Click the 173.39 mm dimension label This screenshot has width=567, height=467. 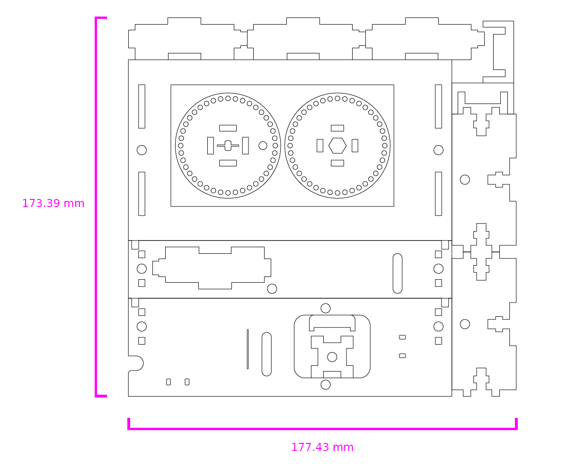pyautogui.click(x=53, y=204)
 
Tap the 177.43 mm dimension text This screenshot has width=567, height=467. pyautogui.click(x=322, y=447)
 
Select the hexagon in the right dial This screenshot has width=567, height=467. pyautogui.click(x=337, y=146)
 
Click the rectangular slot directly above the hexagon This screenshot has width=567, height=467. pyautogui.click(x=337, y=128)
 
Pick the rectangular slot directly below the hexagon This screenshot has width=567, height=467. pyautogui.click(x=337, y=163)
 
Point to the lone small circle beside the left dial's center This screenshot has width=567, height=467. pyautogui.click(x=263, y=146)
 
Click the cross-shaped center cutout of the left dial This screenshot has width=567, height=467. pyautogui.click(x=228, y=146)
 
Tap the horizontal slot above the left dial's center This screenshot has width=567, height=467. pyautogui.click(x=228, y=128)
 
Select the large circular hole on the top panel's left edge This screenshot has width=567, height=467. pyautogui.click(x=142, y=150)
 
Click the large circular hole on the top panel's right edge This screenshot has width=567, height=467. pyautogui.click(x=438, y=150)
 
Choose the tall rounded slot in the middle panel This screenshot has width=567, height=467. pyautogui.click(x=398, y=273)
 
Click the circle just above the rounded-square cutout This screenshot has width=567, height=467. pyautogui.click(x=326, y=308)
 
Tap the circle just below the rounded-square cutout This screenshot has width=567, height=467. pyautogui.click(x=326, y=385)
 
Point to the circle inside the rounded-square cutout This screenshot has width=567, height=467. pyautogui.click(x=332, y=357)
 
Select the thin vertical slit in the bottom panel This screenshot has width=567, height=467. pyautogui.click(x=248, y=349)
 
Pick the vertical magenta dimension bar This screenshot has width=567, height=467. pyautogui.click(x=96, y=207)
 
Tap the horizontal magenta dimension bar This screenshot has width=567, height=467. pyautogui.click(x=322, y=429)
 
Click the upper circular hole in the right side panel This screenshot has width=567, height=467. pyautogui.click(x=465, y=180)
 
